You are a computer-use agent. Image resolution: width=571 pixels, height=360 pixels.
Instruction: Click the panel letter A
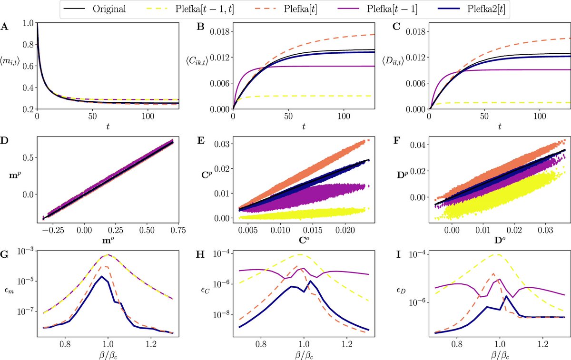[x=4, y=28]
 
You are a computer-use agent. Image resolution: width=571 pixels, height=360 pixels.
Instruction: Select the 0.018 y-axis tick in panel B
[x=219, y=32]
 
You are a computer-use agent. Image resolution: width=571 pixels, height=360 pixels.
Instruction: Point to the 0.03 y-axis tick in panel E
[x=222, y=144]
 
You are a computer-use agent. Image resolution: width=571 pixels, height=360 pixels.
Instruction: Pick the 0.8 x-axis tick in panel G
[x=65, y=342]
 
